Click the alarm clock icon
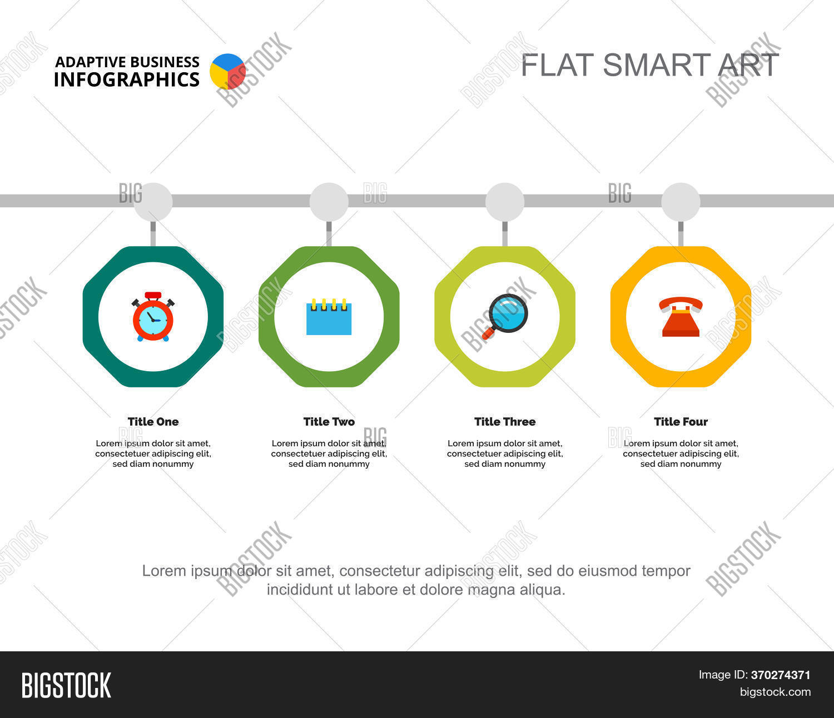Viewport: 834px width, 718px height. tap(153, 317)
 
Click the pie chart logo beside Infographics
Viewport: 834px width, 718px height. tap(227, 71)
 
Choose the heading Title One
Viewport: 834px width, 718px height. tap(153, 422)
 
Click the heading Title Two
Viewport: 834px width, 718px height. tap(329, 422)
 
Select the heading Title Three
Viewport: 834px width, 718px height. tap(505, 422)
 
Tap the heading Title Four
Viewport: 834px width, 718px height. tap(681, 422)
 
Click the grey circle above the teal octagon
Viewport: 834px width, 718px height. tap(153, 202)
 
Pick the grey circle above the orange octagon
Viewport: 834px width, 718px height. tap(681, 202)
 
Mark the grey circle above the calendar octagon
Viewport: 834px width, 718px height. tap(329, 202)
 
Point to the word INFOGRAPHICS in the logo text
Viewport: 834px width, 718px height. tap(127, 80)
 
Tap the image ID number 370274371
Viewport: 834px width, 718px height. tap(781, 675)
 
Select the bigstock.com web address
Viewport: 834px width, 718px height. tap(775, 692)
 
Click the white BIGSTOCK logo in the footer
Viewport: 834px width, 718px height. tap(66, 685)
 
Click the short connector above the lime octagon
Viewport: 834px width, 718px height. tap(505, 233)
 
